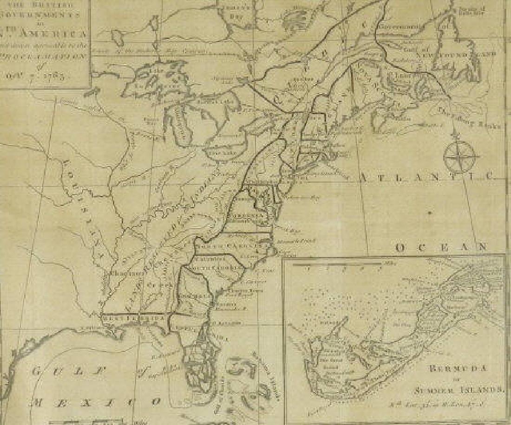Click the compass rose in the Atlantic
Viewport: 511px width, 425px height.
tap(461, 156)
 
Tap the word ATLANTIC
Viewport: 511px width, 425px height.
tap(427, 177)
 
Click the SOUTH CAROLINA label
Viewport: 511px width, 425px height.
tap(218, 268)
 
